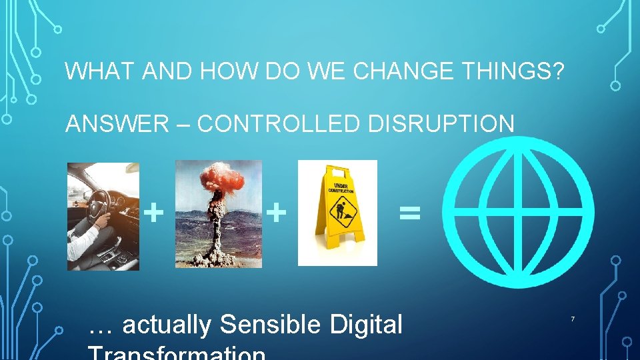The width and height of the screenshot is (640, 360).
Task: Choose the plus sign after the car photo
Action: click(x=154, y=213)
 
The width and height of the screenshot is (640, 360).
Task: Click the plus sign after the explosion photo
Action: click(x=276, y=213)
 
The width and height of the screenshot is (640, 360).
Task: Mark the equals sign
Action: click(x=409, y=213)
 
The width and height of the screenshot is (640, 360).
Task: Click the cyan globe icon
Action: click(x=518, y=211)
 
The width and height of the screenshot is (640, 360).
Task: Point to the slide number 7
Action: click(x=572, y=321)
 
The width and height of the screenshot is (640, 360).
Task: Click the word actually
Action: click(x=167, y=325)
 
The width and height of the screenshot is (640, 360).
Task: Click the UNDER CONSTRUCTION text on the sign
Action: click(x=340, y=188)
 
